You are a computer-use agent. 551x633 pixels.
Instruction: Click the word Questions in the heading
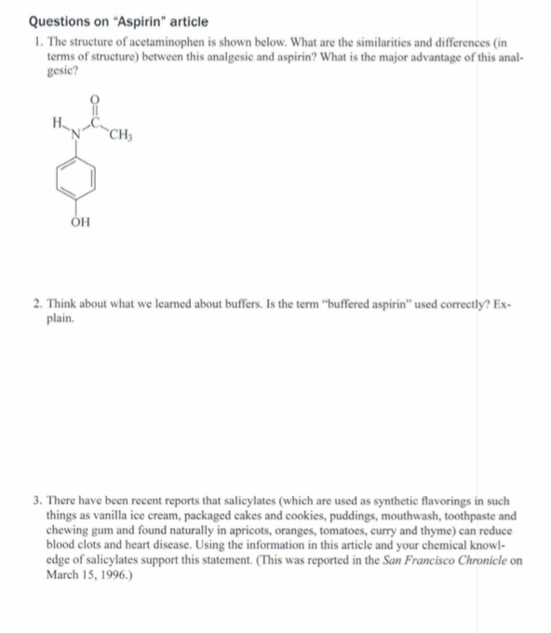tap(62, 20)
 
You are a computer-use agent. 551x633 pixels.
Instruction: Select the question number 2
tap(34, 303)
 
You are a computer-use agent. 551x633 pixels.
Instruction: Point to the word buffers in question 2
tap(251, 303)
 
